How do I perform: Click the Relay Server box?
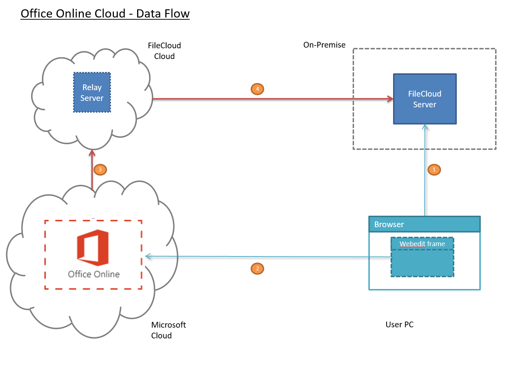[92, 93]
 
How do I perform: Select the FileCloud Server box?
[425, 99]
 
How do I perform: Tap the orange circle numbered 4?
[257, 89]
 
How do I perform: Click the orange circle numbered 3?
[100, 170]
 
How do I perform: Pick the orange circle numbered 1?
[434, 170]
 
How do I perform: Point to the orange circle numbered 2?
[257, 269]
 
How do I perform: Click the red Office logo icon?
[93, 248]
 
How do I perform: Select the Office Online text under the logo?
[94, 274]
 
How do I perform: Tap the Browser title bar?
[424, 224]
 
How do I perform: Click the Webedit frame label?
[422, 244]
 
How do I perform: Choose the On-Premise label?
[324, 45]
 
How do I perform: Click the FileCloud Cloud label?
[164, 51]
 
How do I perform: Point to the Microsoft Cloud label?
[168, 330]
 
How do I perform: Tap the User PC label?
[400, 325]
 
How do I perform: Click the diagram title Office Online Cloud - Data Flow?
[105, 14]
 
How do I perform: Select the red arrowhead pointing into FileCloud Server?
[391, 99]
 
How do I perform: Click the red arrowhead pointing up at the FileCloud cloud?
[92, 153]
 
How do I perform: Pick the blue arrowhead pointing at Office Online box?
[148, 256]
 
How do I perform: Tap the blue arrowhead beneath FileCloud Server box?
[425, 127]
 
